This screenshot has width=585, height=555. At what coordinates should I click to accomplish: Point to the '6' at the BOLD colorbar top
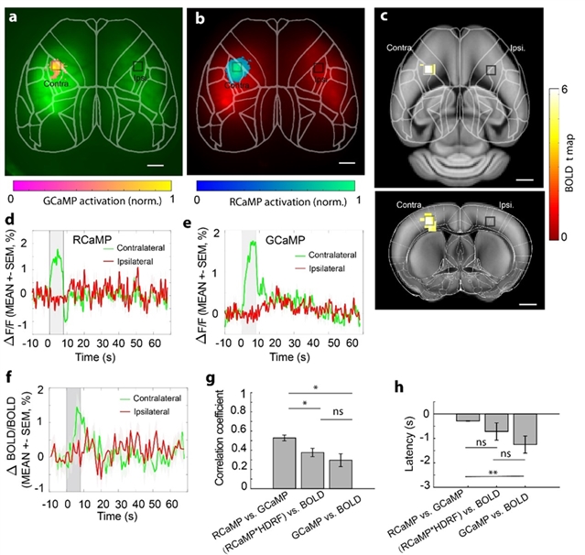click(x=566, y=91)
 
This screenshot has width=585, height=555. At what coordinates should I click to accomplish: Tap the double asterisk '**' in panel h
click(x=493, y=473)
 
